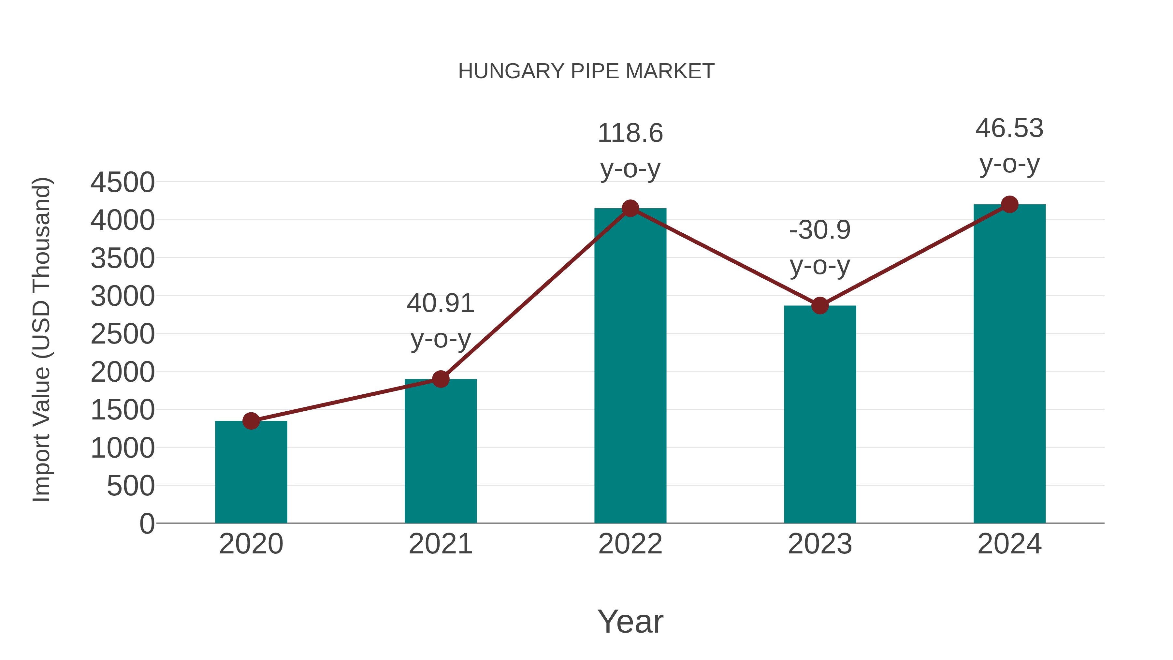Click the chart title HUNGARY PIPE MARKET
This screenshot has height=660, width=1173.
pyautogui.click(x=586, y=71)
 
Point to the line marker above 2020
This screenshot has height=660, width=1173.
pyautogui.click(x=251, y=421)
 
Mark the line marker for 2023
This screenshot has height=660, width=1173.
pyautogui.click(x=820, y=306)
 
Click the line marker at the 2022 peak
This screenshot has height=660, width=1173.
pyautogui.click(x=630, y=209)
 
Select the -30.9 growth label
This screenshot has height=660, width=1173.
pyautogui.click(x=820, y=230)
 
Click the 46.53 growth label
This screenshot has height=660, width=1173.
pyautogui.click(x=1009, y=128)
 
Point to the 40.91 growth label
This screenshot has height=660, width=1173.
pyautogui.click(x=440, y=303)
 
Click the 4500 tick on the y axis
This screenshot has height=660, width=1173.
pyautogui.click(x=123, y=183)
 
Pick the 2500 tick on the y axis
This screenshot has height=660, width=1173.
pyautogui.click(x=123, y=334)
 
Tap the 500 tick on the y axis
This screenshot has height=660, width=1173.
pyautogui.click(x=131, y=486)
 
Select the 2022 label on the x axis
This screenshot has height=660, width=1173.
pyautogui.click(x=630, y=544)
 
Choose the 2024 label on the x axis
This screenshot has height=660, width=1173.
pyautogui.click(x=1009, y=544)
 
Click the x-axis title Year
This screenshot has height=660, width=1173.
pyautogui.click(x=630, y=622)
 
